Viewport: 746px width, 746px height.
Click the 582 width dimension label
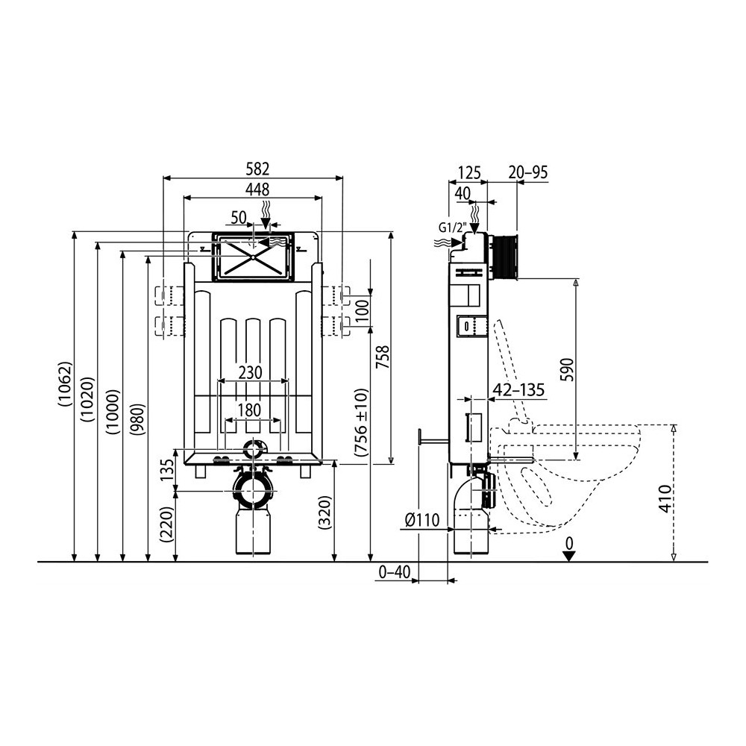point(257,169)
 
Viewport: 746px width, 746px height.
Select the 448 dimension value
point(257,189)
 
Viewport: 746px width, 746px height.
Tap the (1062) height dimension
point(65,384)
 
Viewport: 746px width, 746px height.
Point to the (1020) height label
point(88,399)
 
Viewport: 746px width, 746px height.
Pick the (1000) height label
point(113,412)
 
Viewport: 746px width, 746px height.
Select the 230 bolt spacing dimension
point(250,372)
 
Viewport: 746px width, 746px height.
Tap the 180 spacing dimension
point(249,410)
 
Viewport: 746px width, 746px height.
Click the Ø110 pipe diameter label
point(422,521)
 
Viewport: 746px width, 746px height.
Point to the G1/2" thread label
point(452,228)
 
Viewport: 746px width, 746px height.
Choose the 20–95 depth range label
point(528,172)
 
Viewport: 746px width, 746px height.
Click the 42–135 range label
point(518,390)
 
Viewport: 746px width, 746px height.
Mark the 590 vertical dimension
point(568,370)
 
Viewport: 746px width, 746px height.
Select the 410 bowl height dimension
point(665,498)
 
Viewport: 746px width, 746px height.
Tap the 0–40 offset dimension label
point(394,572)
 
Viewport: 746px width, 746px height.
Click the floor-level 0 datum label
point(569,543)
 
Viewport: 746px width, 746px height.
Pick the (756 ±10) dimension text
point(362,422)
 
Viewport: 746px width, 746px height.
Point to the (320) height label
point(325,513)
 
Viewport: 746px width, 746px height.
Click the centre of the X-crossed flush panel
point(254,257)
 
